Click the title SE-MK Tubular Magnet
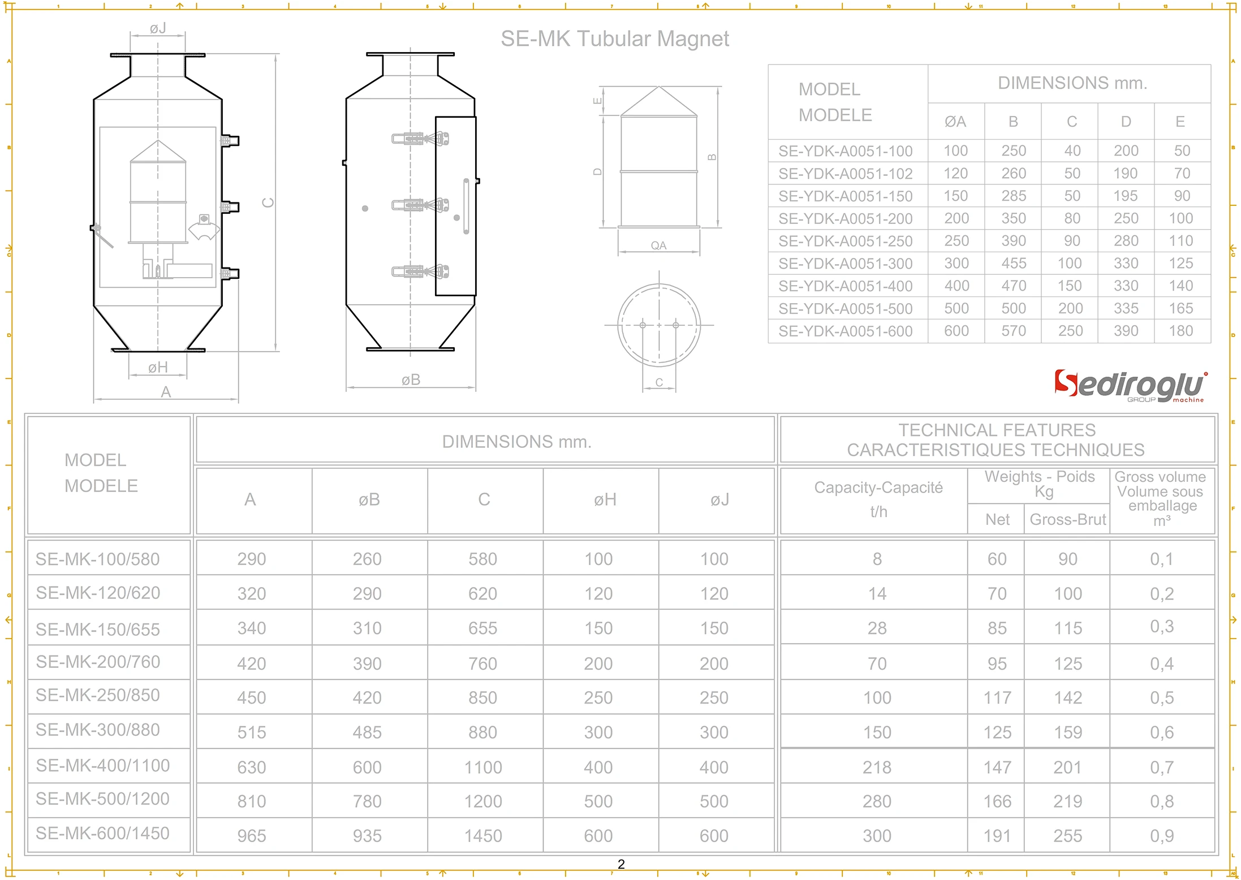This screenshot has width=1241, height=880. point(614,39)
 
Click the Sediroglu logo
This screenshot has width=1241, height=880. point(1129,386)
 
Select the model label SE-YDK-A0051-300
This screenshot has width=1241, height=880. point(845,264)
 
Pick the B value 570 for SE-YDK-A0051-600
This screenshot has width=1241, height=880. point(1013,331)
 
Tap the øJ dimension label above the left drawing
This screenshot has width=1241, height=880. point(158,28)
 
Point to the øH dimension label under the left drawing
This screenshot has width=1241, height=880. point(158,368)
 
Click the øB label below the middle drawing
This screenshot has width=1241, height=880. point(411,380)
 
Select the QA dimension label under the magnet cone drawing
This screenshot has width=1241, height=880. point(658,245)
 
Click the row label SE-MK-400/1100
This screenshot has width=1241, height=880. point(103,765)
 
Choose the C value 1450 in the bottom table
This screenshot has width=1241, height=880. point(483,835)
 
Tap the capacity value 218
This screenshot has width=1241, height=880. point(877,767)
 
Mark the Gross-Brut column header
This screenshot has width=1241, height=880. point(1067,519)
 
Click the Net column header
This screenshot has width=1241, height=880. point(997,519)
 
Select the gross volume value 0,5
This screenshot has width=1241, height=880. point(1162,697)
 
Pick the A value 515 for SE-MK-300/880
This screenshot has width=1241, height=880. point(252,732)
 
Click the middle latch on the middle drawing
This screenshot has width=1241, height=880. point(420,205)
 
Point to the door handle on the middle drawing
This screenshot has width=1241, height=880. point(466,206)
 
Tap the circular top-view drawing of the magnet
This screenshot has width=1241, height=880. point(659,325)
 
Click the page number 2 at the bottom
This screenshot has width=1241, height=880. point(621,864)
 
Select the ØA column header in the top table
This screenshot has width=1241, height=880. point(955,122)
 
